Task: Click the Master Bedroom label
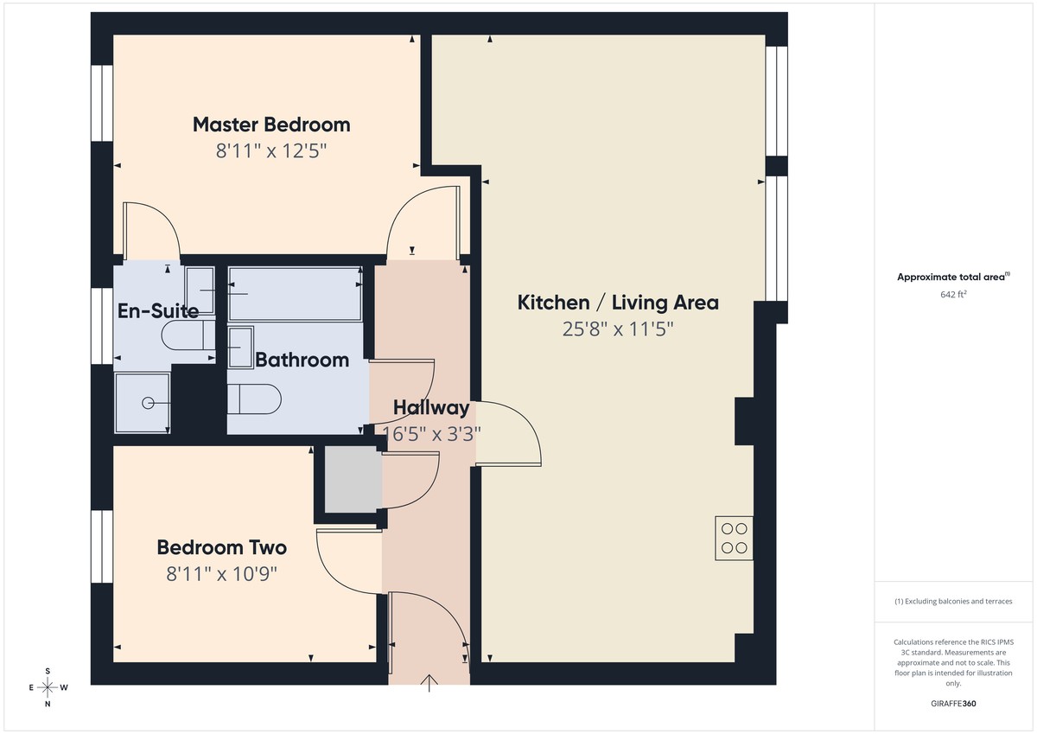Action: [271, 124]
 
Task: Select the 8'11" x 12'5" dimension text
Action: [271, 151]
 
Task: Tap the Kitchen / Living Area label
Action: [618, 303]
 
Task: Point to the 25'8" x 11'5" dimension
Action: [618, 329]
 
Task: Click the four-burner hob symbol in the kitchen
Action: [734, 538]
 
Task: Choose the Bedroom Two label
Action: [221, 547]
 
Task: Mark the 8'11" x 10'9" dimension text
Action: [221, 573]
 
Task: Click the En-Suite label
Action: [158, 310]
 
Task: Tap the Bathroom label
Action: [302, 360]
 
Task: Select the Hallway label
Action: [431, 408]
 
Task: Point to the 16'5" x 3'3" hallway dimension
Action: [431, 434]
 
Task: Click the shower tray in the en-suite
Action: [143, 402]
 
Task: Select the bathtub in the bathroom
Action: [295, 293]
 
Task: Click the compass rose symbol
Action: [48, 687]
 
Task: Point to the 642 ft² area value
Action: [953, 294]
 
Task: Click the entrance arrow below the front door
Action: [429, 684]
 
